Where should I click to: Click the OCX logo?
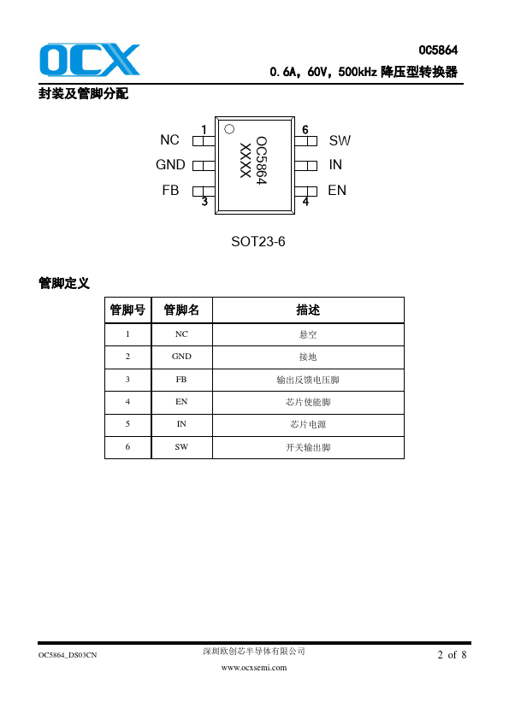click(x=90, y=60)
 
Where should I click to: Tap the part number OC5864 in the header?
click(x=438, y=50)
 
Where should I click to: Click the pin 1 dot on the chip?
click(x=229, y=129)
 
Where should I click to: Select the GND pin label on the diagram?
click(x=170, y=164)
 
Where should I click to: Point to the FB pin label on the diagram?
click(x=170, y=190)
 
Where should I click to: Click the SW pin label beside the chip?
click(x=340, y=140)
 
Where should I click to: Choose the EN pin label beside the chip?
click(x=337, y=190)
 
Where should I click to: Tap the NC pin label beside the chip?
click(x=169, y=139)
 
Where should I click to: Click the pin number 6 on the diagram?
click(x=305, y=130)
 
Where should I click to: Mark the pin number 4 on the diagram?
click(x=305, y=201)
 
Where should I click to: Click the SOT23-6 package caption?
click(x=258, y=241)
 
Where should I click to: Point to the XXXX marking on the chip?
click(x=246, y=160)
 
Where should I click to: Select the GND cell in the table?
click(x=181, y=357)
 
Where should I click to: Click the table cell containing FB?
click(x=181, y=380)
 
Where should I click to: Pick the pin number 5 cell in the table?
click(x=127, y=424)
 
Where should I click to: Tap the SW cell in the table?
click(x=181, y=446)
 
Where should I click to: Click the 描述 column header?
click(x=308, y=310)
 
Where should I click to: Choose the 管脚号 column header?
click(x=127, y=310)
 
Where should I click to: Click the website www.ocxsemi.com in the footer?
click(x=254, y=668)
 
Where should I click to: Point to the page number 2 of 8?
click(x=452, y=655)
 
